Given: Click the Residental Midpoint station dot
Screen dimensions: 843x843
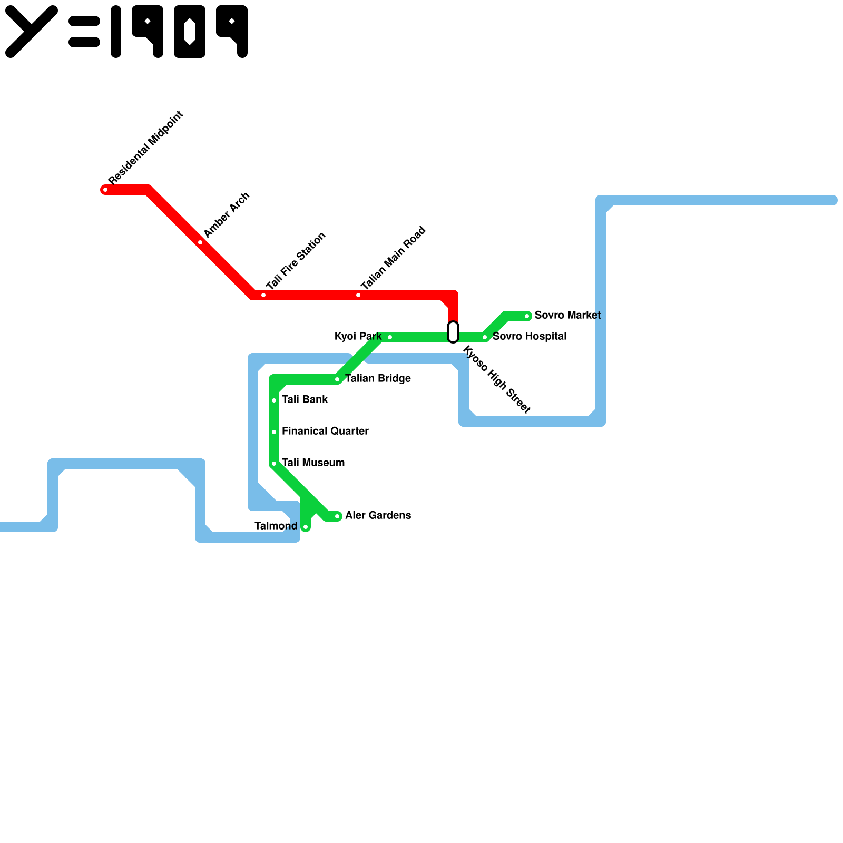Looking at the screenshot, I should [x=105, y=190].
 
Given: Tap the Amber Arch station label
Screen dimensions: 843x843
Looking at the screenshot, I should [x=226, y=215].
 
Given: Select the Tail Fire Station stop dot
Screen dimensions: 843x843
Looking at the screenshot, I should [x=263, y=295].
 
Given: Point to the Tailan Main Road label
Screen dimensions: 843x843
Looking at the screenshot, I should [x=393, y=258].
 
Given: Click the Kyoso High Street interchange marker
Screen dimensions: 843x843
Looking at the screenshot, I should [x=453, y=332].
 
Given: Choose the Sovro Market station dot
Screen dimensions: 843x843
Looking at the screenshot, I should [x=527, y=316].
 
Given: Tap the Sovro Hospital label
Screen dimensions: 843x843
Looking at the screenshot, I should [x=530, y=336].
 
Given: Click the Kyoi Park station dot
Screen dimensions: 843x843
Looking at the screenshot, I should [x=390, y=337].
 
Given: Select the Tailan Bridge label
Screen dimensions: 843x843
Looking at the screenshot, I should [x=378, y=378].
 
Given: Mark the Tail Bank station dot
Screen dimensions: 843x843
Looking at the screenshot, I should [x=274, y=400].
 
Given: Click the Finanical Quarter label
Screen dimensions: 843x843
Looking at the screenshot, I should [x=325, y=431].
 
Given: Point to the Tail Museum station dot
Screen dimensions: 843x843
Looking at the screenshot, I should [x=274, y=464].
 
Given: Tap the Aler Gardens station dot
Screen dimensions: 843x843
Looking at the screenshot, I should [x=337, y=516].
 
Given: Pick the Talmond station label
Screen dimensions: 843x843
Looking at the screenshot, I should [x=276, y=526].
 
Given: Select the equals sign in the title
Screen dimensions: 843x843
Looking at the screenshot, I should [x=84, y=32].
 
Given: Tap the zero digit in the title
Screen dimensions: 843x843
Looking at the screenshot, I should [x=190, y=32].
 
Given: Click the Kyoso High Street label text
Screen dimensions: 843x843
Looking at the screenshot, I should [x=496, y=379].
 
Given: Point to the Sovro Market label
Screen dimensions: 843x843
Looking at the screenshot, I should [x=567, y=315].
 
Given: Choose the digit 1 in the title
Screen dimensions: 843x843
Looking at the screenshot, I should [x=116, y=32].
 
